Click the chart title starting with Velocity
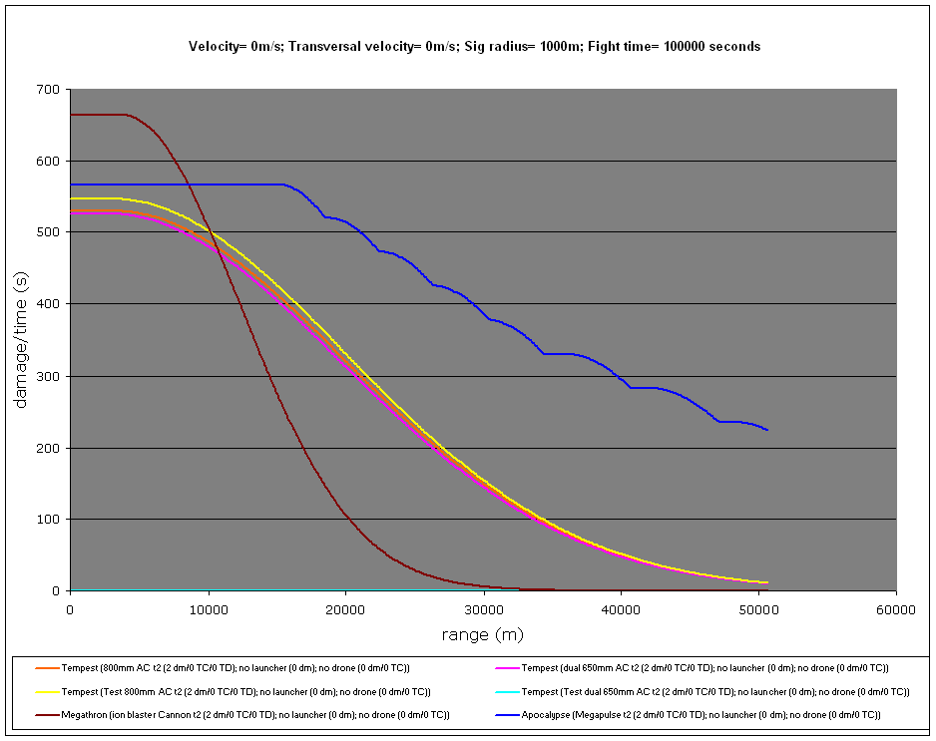(475, 46)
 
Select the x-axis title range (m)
(483, 634)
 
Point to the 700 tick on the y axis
(49, 90)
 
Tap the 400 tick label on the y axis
(49, 304)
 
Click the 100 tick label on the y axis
(49, 520)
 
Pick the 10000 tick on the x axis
(208, 608)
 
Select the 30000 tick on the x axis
(483, 608)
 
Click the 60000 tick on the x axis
(895, 608)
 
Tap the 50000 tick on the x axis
(758, 608)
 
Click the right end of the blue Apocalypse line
(766, 429)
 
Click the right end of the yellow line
(766, 581)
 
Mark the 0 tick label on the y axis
(57, 591)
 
